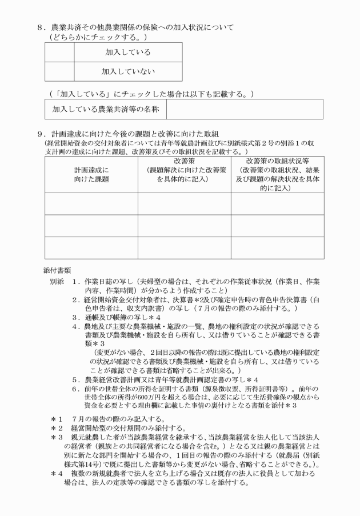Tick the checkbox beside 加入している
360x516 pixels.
(59, 52)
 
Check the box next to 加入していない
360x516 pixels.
(59, 71)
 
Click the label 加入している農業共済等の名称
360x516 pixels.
(105, 109)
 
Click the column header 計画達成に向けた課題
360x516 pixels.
(91, 174)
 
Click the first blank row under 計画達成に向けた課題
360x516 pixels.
(91, 204)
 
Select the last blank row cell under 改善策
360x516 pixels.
(183, 247)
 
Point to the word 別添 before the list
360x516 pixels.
(57, 281)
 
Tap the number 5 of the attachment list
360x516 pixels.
(75, 379)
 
